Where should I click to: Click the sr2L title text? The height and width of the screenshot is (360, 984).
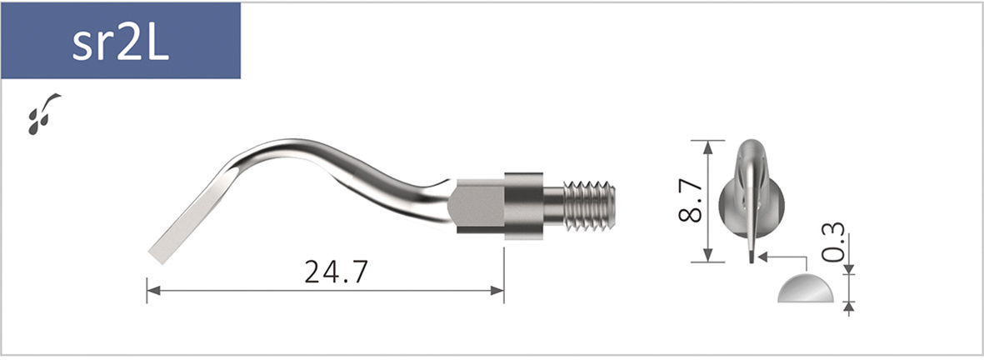point(120,42)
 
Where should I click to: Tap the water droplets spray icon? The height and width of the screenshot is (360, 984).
point(43,113)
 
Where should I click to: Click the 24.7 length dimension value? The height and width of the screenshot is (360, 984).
point(336,272)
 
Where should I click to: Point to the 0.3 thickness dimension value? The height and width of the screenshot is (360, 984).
point(832,242)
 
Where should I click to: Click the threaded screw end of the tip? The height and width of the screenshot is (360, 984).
point(589,204)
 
